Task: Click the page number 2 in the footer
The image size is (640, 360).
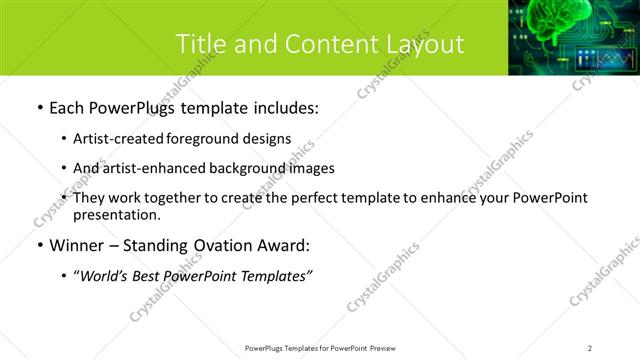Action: [589, 348]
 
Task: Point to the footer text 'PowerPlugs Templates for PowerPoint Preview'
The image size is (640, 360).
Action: [319, 348]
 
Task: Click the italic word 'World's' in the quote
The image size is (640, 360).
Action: [106, 275]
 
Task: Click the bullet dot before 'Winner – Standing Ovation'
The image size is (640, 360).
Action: [38, 244]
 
